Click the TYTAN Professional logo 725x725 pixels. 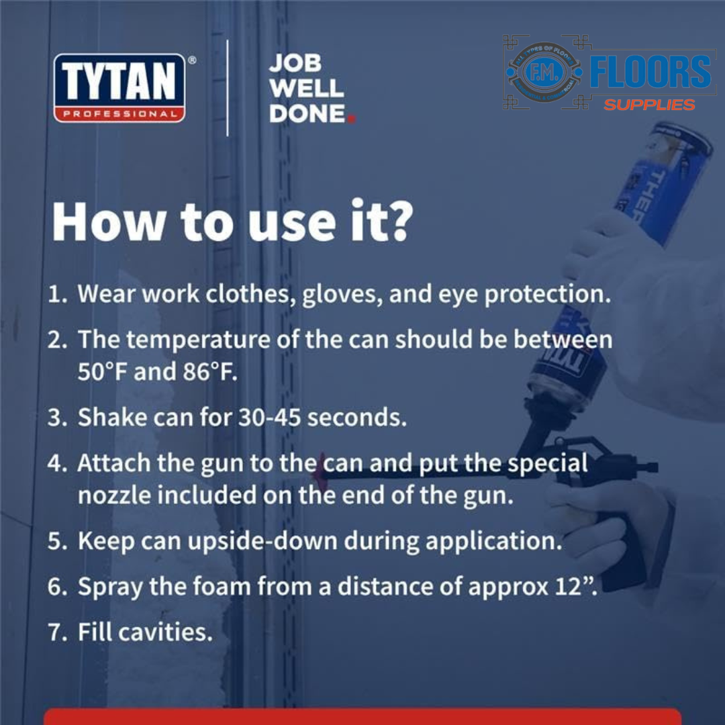pos(119,88)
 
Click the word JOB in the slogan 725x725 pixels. pos(295,64)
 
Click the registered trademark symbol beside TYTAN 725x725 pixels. pos(192,60)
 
